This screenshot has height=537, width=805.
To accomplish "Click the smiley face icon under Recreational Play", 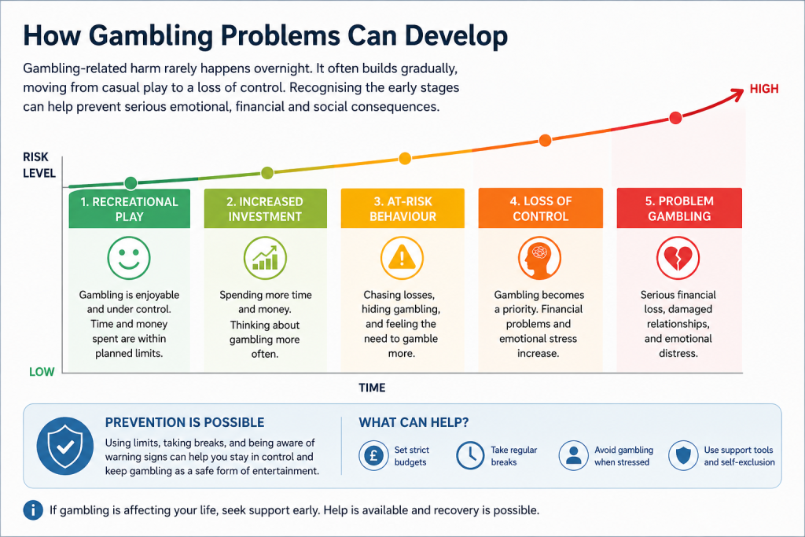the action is coord(129,258).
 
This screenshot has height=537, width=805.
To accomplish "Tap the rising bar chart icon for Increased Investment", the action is coord(265,258).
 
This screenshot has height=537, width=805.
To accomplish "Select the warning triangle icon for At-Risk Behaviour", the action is coord(402,258).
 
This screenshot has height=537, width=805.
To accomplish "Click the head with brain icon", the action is coord(539,258).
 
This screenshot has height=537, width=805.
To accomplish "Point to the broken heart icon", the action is coord(678,258).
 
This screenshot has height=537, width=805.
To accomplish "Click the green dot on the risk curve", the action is coord(131,182).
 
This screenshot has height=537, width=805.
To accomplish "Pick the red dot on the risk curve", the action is coord(675,118).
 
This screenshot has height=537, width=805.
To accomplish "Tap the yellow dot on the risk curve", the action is coord(405,159).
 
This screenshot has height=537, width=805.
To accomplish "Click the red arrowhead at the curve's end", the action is coord(737,93).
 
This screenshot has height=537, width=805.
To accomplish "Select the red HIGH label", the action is coord(764,89).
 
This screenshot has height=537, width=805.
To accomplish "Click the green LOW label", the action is coord(42,372).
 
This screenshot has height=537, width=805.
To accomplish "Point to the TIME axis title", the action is coord(372,388).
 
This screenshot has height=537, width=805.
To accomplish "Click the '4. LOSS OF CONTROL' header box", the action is coord(541,208).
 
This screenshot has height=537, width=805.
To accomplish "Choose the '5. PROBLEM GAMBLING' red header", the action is coord(679,208).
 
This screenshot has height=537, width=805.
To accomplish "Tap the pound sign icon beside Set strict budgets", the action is coord(373,455).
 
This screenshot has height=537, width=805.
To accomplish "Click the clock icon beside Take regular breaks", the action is coord(470,455).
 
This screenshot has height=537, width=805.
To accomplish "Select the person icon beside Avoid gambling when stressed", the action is coord(573,455).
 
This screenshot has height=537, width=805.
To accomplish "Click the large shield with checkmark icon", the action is coord(65,446).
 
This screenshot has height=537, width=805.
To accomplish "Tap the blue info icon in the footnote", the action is coord(33,510).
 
